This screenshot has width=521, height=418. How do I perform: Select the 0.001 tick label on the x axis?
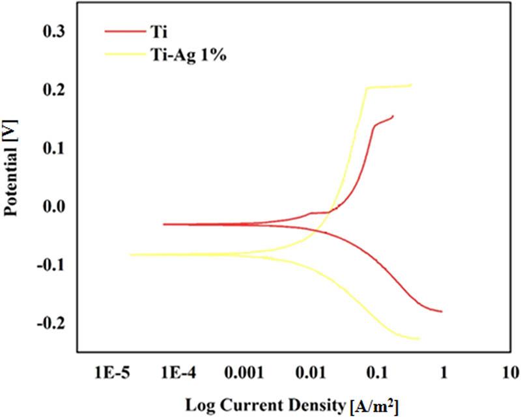click(x=244, y=374)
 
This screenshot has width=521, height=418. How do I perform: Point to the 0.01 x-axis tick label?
click(x=311, y=374)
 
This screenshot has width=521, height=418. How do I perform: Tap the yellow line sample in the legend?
click(x=124, y=55)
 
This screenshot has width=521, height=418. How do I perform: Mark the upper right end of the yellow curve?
click(x=412, y=85)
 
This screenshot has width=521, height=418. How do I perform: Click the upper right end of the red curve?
click(x=393, y=116)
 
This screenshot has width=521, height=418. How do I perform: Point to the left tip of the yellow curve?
click(x=130, y=255)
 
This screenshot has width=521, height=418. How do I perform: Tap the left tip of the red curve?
click(x=163, y=224)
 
